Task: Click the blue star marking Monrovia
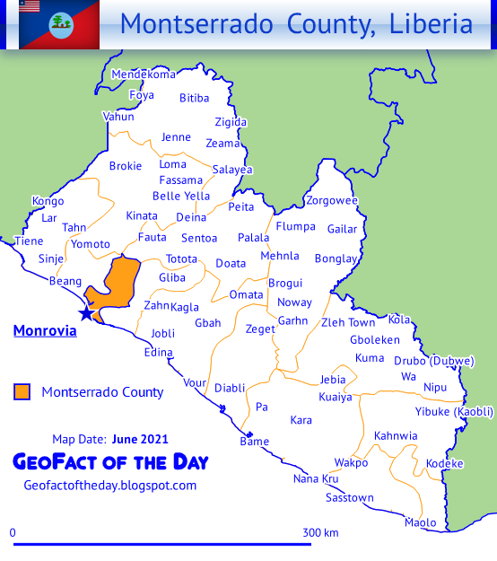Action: pos(86,313)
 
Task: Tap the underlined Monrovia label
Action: pos(45,331)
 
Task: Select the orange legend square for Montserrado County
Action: pos(22,391)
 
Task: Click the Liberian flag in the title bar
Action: pos(31,7)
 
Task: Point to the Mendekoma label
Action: pos(144,75)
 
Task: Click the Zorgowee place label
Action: pos(332,200)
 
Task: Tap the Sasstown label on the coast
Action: pos(350,497)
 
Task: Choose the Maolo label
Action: pos(421,522)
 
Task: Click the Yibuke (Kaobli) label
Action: pos(454,412)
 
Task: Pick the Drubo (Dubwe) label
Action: pos(434,361)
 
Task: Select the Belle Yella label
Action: pos(181,197)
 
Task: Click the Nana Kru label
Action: pos(316,478)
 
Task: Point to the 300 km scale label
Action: pos(320,532)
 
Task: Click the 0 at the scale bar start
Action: pos(13,532)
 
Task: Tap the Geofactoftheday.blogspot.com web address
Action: pos(109,486)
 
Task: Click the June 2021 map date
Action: pos(140,440)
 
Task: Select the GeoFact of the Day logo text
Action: pos(110,462)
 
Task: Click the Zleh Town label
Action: pos(348,322)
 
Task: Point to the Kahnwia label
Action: pos(396,436)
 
